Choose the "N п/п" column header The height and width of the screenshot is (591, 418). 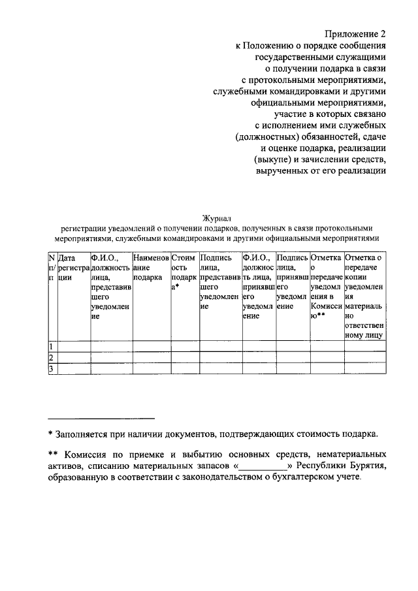coord(52,268)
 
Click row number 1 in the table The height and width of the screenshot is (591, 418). coord(52,346)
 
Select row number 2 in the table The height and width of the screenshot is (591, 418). coord(52,358)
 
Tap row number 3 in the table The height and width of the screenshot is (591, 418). coord(52,370)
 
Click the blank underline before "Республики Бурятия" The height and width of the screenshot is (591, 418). coord(265,468)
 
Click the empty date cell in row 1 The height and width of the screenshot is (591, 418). coord(73,346)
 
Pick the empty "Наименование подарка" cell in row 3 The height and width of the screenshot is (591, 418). coord(151,370)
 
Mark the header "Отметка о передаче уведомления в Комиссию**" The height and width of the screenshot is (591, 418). coord(327,287)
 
